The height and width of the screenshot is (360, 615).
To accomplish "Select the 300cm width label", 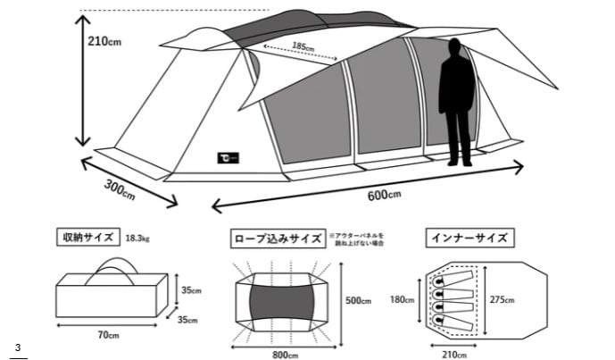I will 120,188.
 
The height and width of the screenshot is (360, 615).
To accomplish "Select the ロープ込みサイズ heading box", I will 278,239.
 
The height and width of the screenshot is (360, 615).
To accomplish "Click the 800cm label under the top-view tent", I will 285,355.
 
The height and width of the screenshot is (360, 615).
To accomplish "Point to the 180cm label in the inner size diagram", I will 403,300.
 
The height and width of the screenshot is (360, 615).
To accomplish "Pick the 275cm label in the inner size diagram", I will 503,299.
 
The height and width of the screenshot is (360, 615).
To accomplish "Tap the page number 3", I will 17,346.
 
